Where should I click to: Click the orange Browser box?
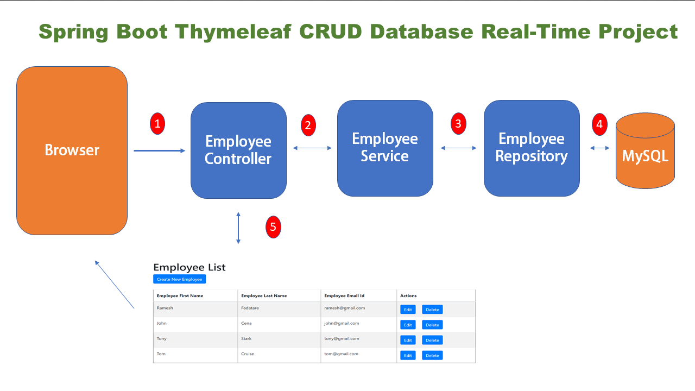(x=72, y=150)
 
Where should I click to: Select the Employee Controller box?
(x=238, y=150)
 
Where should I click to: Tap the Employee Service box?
(x=385, y=148)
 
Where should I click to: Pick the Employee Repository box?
(x=532, y=148)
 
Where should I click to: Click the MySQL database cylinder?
(x=645, y=152)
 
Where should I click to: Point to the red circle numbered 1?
(x=157, y=124)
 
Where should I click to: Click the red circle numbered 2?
(x=308, y=125)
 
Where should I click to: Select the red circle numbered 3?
(x=458, y=124)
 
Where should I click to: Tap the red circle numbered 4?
(x=599, y=124)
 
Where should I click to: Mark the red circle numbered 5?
(x=273, y=227)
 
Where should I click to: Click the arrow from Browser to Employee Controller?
(x=159, y=150)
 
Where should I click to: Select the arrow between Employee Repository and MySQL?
(x=600, y=148)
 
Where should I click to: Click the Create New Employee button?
(x=179, y=279)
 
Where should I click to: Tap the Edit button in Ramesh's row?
(x=408, y=310)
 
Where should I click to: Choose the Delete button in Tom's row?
(x=432, y=355)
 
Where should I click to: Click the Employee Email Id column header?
(x=344, y=296)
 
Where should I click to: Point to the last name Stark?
(x=247, y=338)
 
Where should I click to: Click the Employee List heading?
(x=189, y=267)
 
